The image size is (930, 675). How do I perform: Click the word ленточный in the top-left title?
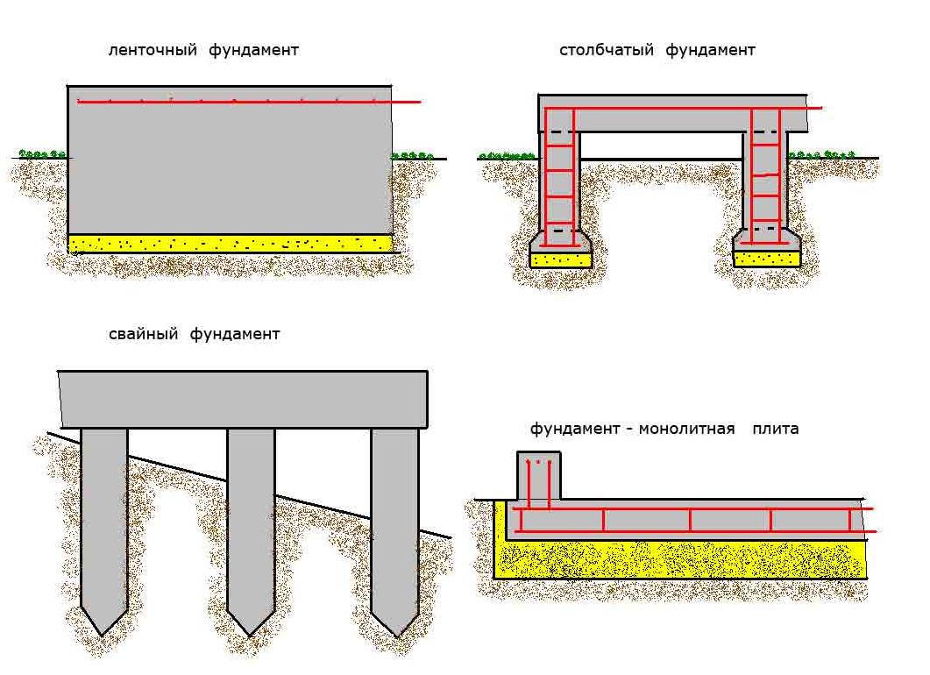(x=153, y=51)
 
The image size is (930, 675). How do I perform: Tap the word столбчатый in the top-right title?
(x=607, y=51)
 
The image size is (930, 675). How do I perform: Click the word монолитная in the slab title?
(x=686, y=430)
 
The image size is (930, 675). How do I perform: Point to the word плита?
(x=776, y=430)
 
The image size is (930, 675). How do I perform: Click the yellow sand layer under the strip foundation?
(x=230, y=243)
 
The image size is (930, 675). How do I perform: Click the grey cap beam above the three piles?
(x=243, y=399)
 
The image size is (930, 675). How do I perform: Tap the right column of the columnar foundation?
(x=766, y=184)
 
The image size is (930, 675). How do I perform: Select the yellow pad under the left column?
(x=561, y=259)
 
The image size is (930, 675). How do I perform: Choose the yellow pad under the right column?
(x=767, y=259)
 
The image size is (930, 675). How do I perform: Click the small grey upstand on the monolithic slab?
(x=538, y=478)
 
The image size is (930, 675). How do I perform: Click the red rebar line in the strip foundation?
(x=250, y=102)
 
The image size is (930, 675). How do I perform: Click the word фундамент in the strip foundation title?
(x=253, y=51)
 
